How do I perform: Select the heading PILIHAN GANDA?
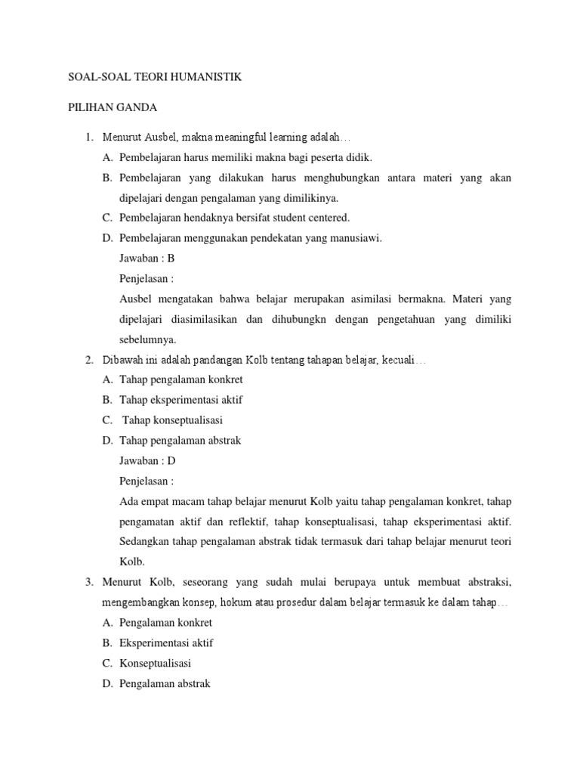(109, 108)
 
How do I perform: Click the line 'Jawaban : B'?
(147, 258)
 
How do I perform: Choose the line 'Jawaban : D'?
(148, 460)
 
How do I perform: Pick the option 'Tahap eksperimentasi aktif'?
(181, 400)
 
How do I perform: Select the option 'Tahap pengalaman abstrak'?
(180, 441)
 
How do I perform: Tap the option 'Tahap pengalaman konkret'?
(181, 379)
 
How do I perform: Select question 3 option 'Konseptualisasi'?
(155, 664)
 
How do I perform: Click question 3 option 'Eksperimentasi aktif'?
(166, 643)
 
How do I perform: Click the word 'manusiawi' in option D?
(356, 238)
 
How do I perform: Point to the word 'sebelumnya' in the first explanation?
(148, 339)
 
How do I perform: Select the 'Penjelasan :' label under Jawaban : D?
(147, 481)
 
